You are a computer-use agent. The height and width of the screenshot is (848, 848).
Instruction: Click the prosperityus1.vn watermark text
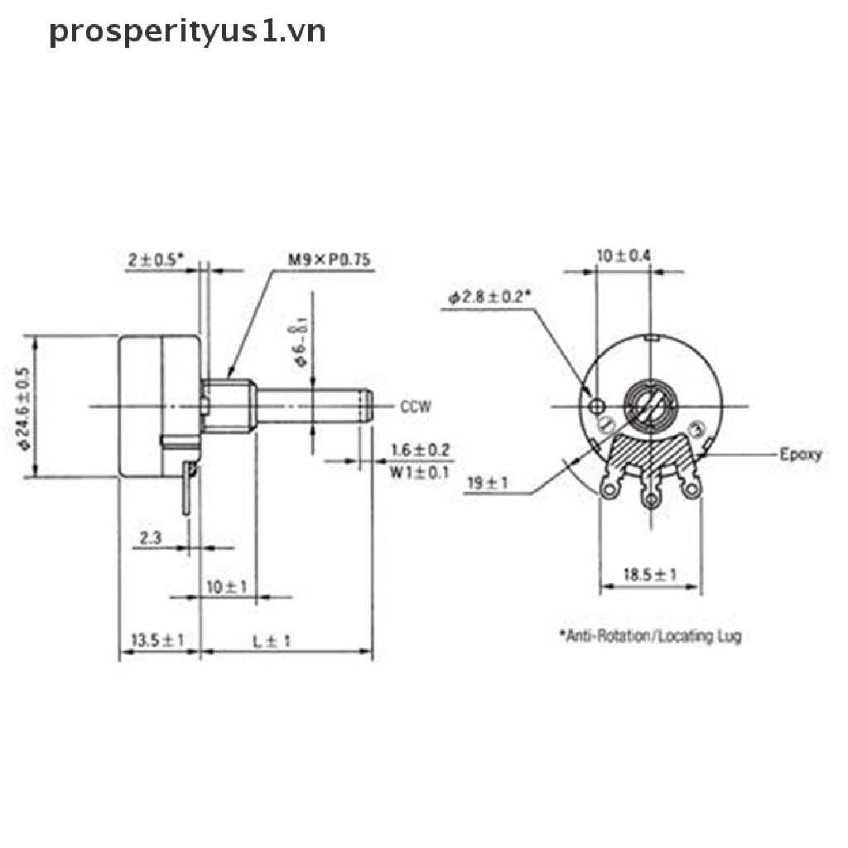point(187,31)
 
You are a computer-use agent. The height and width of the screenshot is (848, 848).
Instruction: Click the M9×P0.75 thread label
point(329,260)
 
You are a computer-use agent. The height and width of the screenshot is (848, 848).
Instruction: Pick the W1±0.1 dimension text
point(419,473)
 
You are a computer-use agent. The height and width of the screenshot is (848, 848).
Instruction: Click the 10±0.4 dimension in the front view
point(624,256)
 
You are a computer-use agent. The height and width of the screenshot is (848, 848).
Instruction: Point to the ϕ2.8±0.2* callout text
point(489,297)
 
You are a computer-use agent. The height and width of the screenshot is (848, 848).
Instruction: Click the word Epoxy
point(801,454)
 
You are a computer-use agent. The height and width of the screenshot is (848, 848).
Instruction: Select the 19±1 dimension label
point(487,484)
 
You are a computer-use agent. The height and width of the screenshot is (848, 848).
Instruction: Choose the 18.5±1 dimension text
point(650,574)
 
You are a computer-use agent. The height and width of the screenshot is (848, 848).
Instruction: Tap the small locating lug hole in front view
point(599,405)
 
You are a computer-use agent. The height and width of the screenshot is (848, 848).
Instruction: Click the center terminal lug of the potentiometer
point(652,499)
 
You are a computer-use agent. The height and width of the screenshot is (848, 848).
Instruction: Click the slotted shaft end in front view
point(651,405)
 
